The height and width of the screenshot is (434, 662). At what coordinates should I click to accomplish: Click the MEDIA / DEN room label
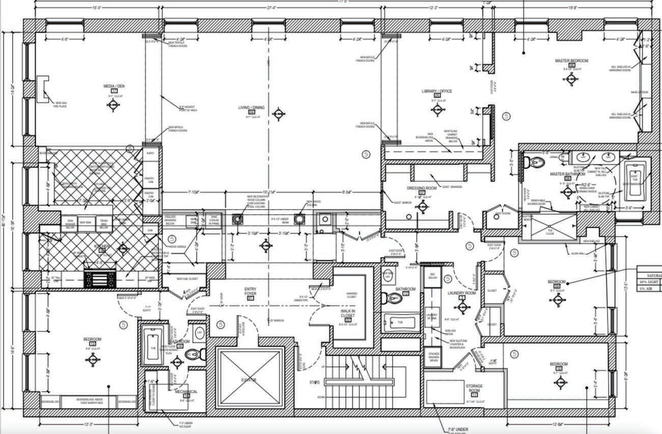coord(114,86)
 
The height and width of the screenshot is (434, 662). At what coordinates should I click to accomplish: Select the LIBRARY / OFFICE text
coord(436,91)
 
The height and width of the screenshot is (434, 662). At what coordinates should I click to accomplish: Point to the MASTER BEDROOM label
coord(571,61)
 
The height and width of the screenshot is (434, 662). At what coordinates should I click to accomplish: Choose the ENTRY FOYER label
coord(250,292)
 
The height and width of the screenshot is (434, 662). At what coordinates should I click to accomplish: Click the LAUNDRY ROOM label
coord(461,293)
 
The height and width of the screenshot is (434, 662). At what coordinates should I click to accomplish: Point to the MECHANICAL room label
coord(186,392)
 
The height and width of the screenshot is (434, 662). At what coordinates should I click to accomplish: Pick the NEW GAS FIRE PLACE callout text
coord(60,105)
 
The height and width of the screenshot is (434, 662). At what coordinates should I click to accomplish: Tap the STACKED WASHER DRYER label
coord(433,358)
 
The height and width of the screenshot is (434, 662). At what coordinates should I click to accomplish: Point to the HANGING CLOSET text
coord(351,294)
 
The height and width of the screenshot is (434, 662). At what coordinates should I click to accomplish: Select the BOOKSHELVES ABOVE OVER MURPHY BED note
coord(90,401)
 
